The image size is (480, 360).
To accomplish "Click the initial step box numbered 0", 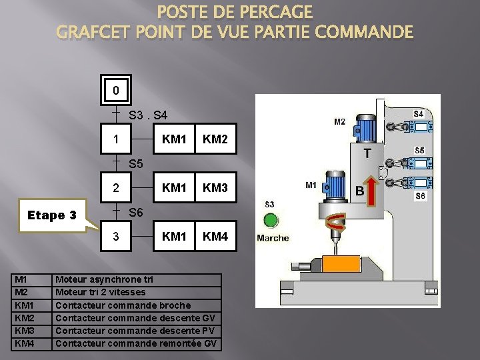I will pos(116,90).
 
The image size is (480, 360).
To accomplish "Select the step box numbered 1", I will pos(116,141).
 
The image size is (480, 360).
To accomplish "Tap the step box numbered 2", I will pos(116,189).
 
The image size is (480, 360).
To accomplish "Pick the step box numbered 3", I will pos(116,237).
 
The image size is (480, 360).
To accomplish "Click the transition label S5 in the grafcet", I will pos(136,163).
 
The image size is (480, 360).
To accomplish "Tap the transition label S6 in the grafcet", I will pos(136,212).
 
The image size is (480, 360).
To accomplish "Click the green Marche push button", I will pos(271,221).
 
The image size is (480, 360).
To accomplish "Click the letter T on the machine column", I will pos(367,153).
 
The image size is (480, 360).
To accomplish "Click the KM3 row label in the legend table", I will pos(24,331).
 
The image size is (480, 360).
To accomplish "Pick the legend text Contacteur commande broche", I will pos(123,305).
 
